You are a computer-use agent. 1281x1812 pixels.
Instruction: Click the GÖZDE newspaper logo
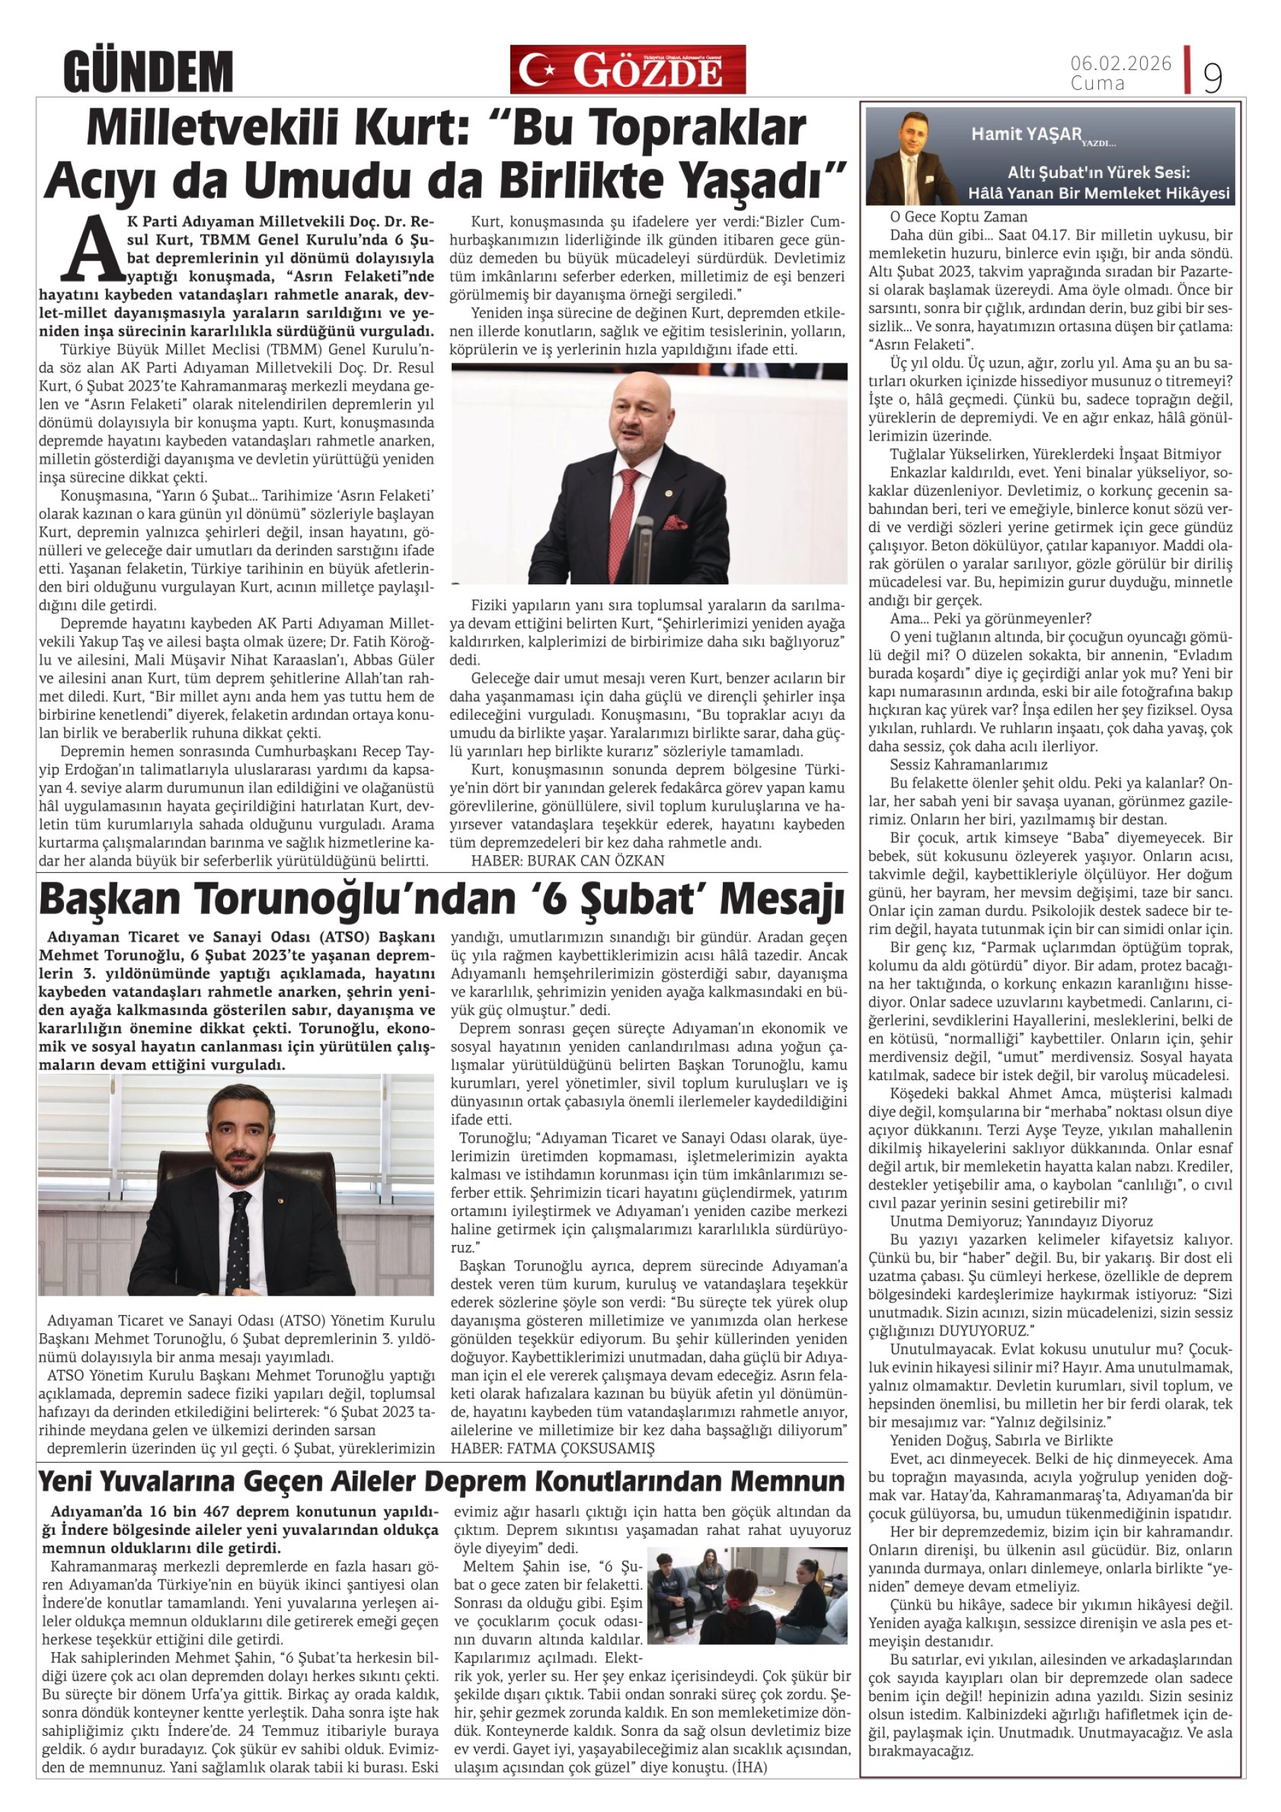(x=628, y=69)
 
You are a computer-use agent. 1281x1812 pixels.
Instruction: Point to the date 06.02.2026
(x=1121, y=64)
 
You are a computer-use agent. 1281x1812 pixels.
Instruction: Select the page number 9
(x=1212, y=78)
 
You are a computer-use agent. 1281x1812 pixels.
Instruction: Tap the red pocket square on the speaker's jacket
(x=677, y=522)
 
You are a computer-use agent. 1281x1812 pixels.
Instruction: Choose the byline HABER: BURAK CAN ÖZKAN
(x=568, y=860)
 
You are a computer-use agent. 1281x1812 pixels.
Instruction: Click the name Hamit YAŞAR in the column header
(x=1026, y=134)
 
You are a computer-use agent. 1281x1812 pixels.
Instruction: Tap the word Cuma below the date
(x=1097, y=83)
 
